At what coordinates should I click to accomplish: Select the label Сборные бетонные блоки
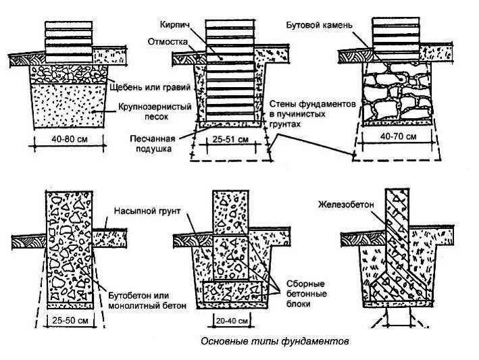(307, 294)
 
